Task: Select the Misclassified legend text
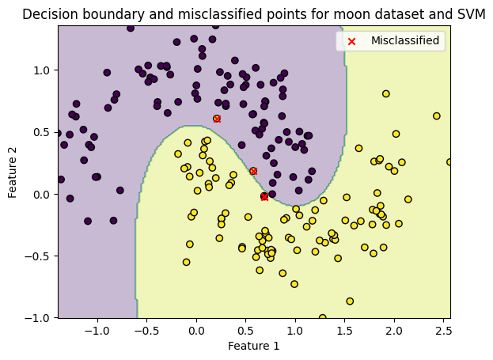pyautogui.click(x=405, y=40)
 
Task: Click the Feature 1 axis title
pyautogui.click(x=253, y=346)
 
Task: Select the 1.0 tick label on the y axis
pyautogui.click(x=41, y=70)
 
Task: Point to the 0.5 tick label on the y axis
pyautogui.click(x=41, y=132)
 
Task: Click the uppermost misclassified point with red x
pyautogui.click(x=217, y=119)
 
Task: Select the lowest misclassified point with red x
pyautogui.click(x=264, y=196)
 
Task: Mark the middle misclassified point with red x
pyautogui.click(x=253, y=171)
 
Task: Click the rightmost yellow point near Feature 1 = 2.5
pyautogui.click(x=450, y=162)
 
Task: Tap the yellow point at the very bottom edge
pyautogui.click(x=322, y=318)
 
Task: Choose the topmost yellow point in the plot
pyautogui.click(x=386, y=93)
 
